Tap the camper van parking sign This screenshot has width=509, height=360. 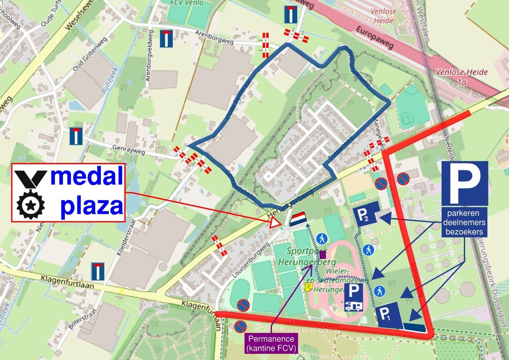click(354, 298)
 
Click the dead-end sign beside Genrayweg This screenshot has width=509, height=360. click(76, 136)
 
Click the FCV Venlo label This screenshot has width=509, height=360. click(188, 2)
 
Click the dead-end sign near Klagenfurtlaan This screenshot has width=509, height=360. click(98, 271)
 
